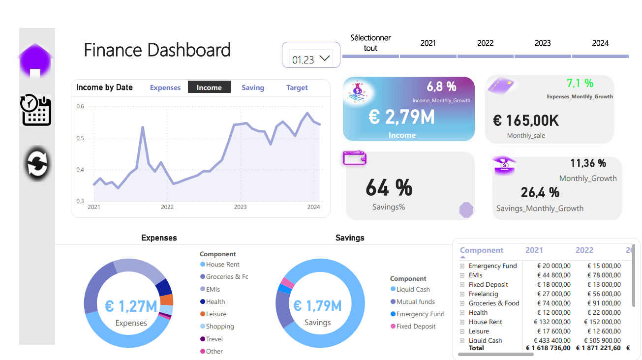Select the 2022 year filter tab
pos(485,43)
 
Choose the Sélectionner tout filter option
pos(370,43)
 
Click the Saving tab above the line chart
pos(253,88)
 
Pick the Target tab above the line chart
pos(297,88)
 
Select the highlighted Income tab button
pos(209,88)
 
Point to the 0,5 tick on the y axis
pos(80,138)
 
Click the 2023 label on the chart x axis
pos(240,207)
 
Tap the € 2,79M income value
pos(401,117)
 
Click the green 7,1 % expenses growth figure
pos(580,83)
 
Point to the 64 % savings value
pos(389,188)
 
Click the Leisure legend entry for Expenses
pos(216,314)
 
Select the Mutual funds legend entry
pos(415,301)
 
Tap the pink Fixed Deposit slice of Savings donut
pos(287,283)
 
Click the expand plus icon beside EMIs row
pos(462,275)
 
